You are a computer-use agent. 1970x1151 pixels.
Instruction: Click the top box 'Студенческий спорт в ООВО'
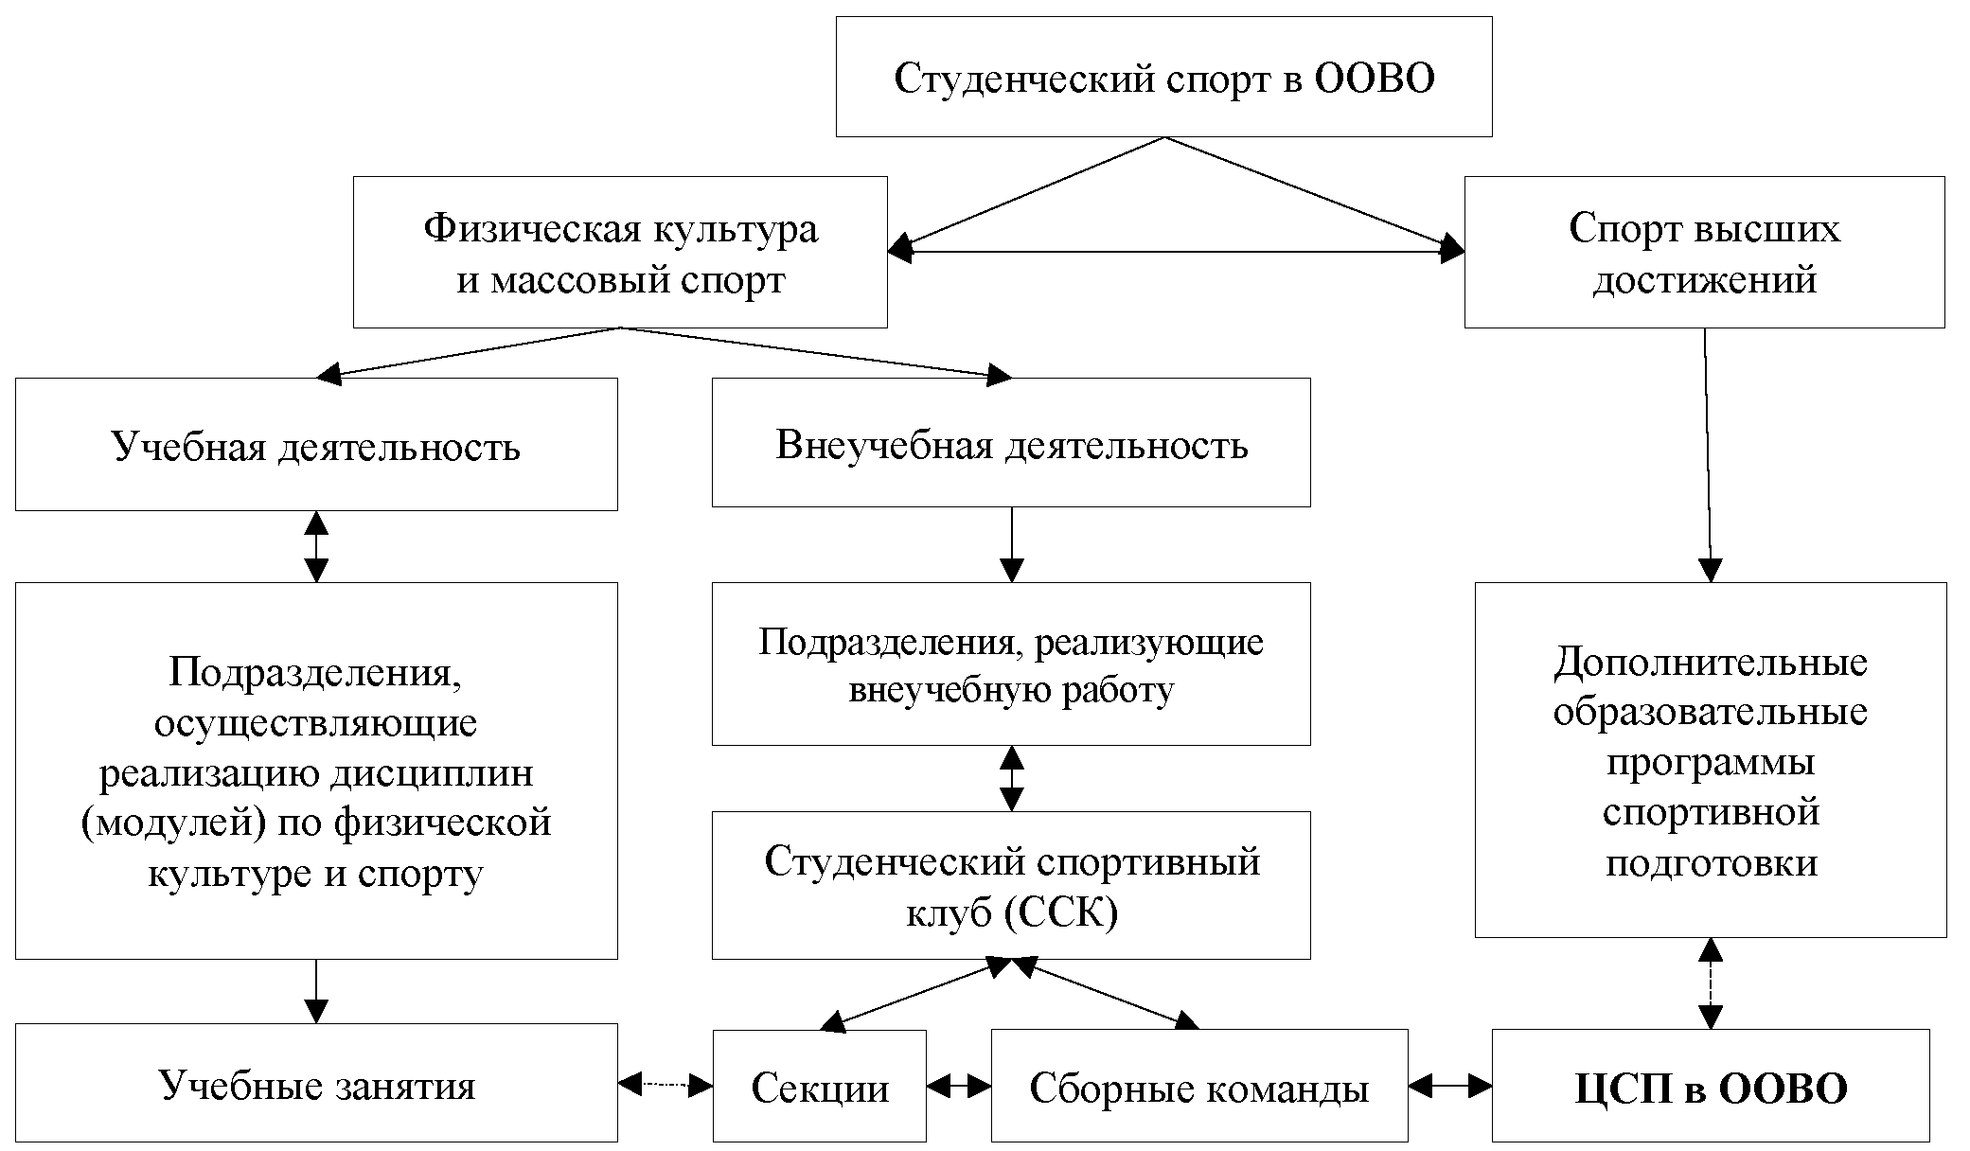[1163, 77]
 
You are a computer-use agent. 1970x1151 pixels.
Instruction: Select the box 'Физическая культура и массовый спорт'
[620, 253]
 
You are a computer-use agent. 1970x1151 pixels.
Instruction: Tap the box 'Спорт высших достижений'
[1704, 253]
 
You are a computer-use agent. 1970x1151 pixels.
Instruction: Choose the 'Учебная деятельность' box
[316, 445]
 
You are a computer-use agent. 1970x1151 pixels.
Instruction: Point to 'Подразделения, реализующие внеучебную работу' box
[1011, 664]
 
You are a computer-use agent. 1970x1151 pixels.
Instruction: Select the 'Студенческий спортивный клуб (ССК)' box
[1011, 886]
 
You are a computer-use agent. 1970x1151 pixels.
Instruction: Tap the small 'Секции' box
[819, 1087]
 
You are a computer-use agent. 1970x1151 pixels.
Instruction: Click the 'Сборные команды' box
[1198, 1087]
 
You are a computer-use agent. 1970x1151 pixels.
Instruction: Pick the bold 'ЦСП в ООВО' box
[1711, 1087]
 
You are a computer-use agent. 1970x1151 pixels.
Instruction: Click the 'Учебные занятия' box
[316, 1084]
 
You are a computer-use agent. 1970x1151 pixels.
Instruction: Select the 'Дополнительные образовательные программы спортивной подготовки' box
[1711, 761]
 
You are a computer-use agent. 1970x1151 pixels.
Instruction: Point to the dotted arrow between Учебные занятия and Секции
[665, 1085]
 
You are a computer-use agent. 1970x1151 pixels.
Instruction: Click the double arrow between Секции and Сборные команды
[958, 1087]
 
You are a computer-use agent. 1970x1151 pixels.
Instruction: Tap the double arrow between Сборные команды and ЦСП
[1449, 1087]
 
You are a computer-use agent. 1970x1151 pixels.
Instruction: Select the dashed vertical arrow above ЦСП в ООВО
[1711, 983]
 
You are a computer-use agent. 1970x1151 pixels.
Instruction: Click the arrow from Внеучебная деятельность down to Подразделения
[1012, 544]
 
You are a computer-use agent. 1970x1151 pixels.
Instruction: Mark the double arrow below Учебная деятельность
[316, 546]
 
